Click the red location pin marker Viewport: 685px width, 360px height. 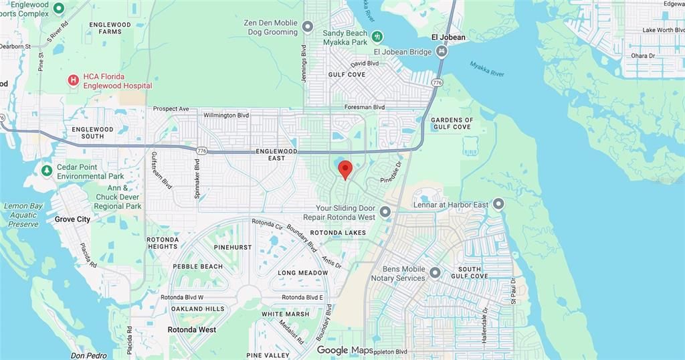(345, 169)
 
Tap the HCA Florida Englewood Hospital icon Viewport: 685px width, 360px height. (73, 81)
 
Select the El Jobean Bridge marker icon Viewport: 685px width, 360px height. (442, 52)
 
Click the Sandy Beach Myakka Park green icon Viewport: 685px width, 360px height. (378, 35)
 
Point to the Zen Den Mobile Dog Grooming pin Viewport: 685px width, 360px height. (308, 27)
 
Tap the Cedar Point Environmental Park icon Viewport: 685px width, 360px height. (46, 171)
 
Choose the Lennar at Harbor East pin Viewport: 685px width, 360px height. (498, 203)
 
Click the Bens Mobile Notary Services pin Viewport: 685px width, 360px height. (435, 273)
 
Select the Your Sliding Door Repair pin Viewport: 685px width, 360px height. (385, 213)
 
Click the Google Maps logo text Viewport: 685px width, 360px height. (345, 350)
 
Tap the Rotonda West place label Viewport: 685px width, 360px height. (193, 330)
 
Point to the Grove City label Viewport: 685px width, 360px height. (72, 219)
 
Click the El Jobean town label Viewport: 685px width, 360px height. (448, 37)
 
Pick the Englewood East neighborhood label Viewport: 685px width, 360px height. (276, 155)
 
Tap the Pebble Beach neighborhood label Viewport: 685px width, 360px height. (197, 266)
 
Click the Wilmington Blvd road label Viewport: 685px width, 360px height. (226, 115)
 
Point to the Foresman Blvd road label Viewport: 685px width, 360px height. (365, 107)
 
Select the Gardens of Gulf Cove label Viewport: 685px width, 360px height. (452, 123)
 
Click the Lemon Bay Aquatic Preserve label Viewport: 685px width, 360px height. (23, 215)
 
